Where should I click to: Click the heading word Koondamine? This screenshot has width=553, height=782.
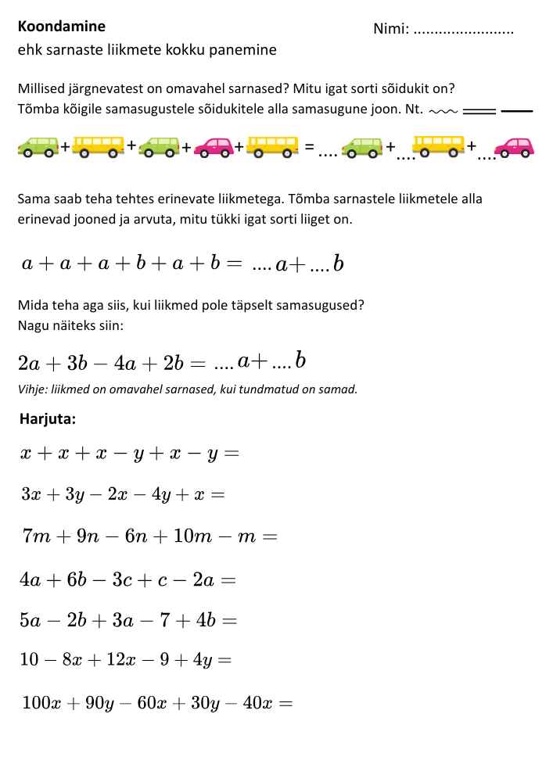(61, 26)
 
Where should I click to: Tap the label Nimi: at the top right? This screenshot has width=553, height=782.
(391, 30)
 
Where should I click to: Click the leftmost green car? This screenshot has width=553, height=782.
(38, 146)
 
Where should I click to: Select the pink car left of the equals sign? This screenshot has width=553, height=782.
(214, 146)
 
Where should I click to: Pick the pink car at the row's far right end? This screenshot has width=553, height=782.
(514, 147)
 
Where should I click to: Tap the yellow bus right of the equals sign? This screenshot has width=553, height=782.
(438, 146)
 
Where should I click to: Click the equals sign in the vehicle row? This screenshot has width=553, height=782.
(310, 146)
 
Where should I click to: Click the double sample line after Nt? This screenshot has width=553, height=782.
(479, 110)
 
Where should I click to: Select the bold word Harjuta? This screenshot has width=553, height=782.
(48, 418)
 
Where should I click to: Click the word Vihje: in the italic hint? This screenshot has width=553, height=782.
(32, 389)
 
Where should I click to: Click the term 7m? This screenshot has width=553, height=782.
(37, 536)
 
